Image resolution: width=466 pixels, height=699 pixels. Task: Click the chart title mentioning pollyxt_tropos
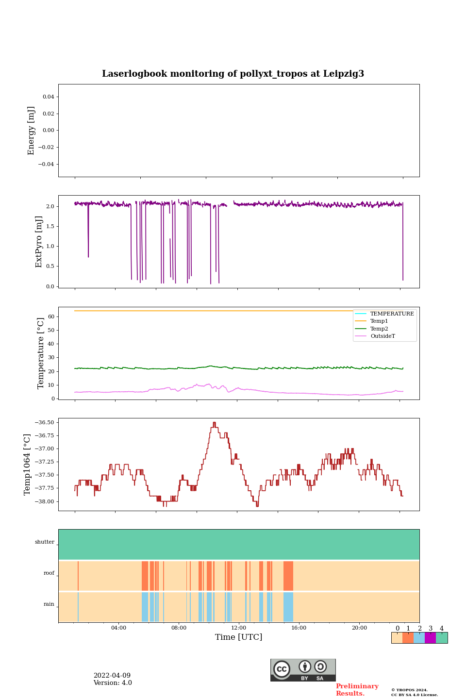(233, 74)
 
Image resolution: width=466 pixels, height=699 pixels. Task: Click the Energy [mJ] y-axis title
(31, 131)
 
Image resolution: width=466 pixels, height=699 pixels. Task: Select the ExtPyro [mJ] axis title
(39, 242)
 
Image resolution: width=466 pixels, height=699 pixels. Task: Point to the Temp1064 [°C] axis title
(28, 465)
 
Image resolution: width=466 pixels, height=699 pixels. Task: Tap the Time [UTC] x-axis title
(238, 637)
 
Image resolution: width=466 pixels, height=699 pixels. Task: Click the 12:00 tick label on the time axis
(238, 628)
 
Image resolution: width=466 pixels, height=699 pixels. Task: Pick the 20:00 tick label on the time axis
(359, 628)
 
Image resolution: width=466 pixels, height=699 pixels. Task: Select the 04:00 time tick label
(118, 628)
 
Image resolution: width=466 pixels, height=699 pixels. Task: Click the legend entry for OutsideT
(383, 336)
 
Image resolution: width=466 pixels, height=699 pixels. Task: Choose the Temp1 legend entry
(379, 321)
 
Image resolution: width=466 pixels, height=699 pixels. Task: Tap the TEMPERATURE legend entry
(392, 314)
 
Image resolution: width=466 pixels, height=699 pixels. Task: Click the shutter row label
(45, 542)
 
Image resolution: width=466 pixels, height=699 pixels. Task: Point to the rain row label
(49, 604)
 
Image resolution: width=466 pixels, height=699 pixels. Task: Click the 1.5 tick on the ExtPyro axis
(49, 226)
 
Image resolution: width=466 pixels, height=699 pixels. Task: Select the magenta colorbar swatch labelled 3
(430, 638)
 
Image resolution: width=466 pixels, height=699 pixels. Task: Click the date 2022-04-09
(112, 676)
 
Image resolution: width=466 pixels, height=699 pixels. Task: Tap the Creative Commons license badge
(303, 670)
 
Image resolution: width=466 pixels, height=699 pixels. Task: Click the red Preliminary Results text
(357, 690)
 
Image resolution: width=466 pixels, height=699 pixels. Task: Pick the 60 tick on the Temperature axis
(50, 316)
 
